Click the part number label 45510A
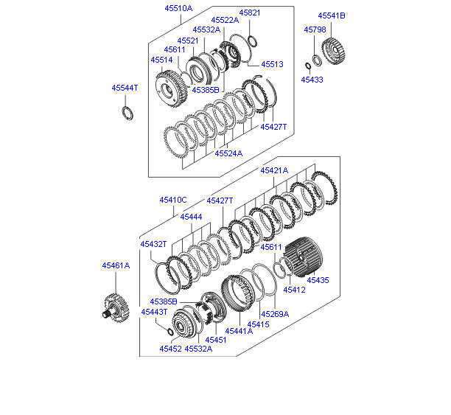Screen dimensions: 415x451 point(178,8)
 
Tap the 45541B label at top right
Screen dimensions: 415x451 point(331,15)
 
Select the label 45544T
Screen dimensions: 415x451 point(125,88)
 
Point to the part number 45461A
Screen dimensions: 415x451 point(116,265)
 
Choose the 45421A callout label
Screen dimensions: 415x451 point(274,170)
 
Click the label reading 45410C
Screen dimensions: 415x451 point(173,200)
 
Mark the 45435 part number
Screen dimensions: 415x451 point(318,280)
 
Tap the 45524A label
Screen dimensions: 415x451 point(228,153)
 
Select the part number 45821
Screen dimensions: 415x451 point(250,13)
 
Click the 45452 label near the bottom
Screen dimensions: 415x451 point(169,349)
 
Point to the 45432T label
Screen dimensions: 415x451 point(153,244)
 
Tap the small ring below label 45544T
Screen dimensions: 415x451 point(127,113)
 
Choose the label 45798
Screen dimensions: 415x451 point(315,29)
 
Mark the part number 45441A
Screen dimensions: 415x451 point(239,331)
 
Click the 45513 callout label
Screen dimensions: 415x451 point(271,64)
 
